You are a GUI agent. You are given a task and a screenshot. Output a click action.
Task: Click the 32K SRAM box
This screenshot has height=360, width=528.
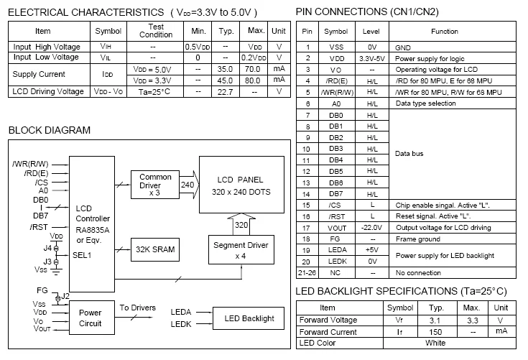pos(155,250)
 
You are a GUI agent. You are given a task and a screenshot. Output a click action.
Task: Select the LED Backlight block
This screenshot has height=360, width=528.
pos(249,318)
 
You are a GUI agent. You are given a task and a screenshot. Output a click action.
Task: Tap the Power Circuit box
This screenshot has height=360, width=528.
pos(91,318)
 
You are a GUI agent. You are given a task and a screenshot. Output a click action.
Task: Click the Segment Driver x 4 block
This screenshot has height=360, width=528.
pos(241,250)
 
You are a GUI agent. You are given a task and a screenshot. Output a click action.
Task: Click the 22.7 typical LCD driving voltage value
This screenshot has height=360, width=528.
pos(226,92)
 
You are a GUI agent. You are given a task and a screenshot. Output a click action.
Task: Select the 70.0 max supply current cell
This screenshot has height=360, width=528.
pos(252,69)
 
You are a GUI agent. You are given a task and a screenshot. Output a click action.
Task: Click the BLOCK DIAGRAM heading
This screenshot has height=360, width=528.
pos(49,130)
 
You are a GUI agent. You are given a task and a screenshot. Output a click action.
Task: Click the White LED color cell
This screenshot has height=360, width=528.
pos(435,343)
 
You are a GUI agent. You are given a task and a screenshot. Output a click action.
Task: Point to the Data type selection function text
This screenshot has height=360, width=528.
pos(426,103)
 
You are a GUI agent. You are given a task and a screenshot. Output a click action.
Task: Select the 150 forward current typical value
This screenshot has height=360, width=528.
pos(435,331)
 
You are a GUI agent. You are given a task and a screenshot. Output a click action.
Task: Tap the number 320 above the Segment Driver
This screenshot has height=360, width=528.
pos(240,225)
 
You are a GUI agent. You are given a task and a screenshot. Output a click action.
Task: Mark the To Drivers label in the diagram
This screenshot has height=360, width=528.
pos(137,308)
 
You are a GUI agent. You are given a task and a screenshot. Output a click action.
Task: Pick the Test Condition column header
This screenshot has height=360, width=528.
pos(156,31)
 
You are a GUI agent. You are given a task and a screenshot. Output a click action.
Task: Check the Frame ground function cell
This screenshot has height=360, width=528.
pos(416,239)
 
